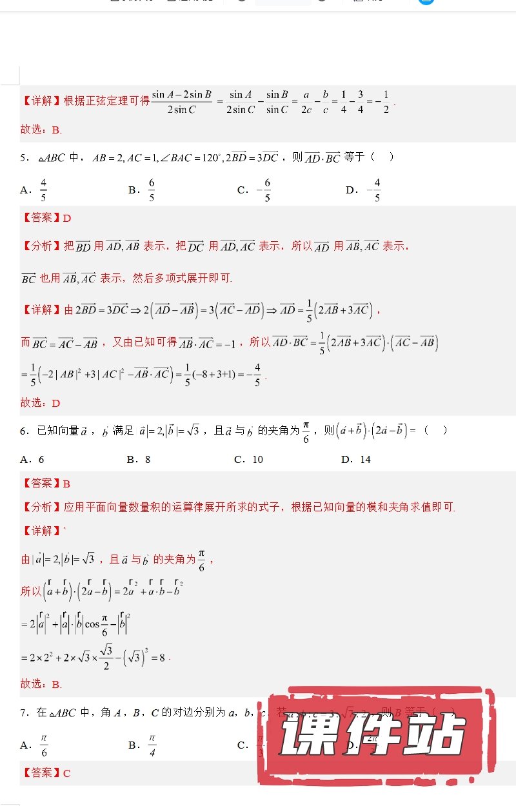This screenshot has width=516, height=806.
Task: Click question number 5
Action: (x=23, y=157)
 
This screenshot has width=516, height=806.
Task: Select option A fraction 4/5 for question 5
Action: (x=43, y=190)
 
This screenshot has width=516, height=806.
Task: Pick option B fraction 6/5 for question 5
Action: (x=152, y=190)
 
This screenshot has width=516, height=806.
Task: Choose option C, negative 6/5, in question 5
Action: (x=264, y=190)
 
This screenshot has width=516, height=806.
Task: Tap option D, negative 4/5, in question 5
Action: (x=373, y=190)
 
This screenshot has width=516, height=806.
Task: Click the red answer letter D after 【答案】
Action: (x=67, y=218)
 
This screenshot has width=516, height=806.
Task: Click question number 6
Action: (x=23, y=431)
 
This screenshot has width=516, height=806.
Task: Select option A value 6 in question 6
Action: (x=41, y=460)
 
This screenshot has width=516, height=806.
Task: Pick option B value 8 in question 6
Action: (x=147, y=460)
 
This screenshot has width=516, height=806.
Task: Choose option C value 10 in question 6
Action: (x=257, y=460)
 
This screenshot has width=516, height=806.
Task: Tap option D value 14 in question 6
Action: (x=365, y=460)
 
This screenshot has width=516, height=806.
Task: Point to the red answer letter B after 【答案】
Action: (x=67, y=484)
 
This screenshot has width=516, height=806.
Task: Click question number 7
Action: (x=23, y=713)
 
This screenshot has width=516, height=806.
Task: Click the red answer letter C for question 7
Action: (x=67, y=772)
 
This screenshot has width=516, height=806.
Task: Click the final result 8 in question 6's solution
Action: (x=162, y=658)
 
